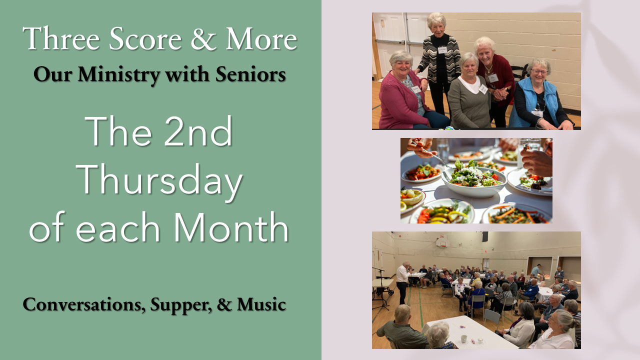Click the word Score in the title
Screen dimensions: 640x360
145,39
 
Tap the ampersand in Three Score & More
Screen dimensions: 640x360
203,39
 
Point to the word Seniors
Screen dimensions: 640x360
250,74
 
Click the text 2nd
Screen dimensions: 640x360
198,131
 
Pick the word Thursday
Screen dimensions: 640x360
159,180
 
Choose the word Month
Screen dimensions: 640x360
231,227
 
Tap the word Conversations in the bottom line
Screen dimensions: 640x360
84,304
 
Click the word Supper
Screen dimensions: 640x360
181,305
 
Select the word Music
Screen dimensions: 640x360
261,304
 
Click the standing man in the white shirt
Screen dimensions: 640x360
403,282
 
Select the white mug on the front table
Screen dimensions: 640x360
464,339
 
